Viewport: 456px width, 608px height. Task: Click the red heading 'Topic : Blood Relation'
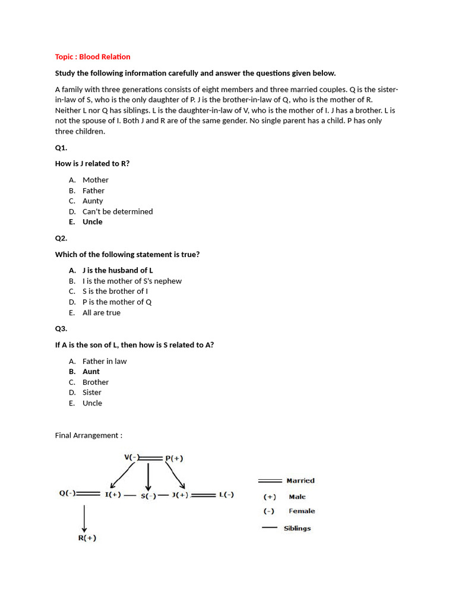(x=93, y=57)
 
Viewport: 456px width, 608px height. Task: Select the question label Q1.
(x=61, y=148)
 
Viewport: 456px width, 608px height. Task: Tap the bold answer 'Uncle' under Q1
(x=92, y=222)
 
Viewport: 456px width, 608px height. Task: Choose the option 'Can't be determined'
(x=118, y=211)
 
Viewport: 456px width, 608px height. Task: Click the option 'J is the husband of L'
(x=118, y=271)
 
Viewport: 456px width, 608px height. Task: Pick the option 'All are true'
(x=101, y=313)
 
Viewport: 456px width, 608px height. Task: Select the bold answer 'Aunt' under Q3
(x=91, y=372)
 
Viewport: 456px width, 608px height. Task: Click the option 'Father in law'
(x=104, y=362)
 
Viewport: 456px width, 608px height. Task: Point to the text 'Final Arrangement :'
(x=88, y=435)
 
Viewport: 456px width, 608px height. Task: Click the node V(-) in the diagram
(x=131, y=457)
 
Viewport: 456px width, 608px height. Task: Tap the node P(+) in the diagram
(x=174, y=458)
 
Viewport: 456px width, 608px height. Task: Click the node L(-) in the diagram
(x=226, y=495)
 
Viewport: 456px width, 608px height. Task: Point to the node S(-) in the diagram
(x=148, y=496)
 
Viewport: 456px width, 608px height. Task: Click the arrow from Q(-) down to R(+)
(x=84, y=517)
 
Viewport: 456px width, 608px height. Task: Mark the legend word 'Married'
(x=300, y=481)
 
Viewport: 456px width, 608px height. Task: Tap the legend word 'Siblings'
(x=297, y=528)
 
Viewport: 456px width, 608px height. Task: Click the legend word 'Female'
(x=302, y=511)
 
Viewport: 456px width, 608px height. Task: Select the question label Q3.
(x=61, y=329)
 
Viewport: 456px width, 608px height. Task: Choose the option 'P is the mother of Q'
(x=117, y=302)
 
